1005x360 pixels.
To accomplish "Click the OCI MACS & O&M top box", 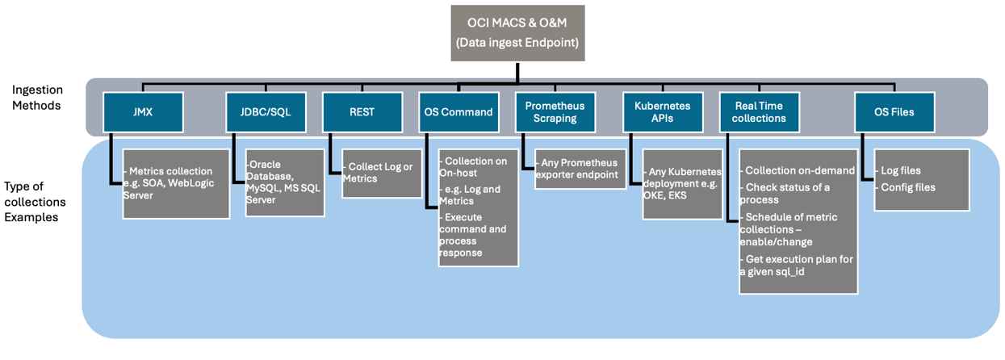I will pos(517,33).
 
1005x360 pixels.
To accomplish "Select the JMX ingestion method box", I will pos(143,112).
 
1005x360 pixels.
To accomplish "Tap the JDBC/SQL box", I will pos(266,112).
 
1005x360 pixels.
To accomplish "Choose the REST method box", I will pos(362,112).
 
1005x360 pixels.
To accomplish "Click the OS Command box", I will pos(458,112).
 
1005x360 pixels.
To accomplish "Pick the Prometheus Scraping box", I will pos(555,112).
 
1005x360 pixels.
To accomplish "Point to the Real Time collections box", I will pos(760,112).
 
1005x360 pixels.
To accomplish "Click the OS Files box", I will pos(894,112).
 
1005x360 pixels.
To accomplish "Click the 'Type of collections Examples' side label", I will pos(35,202).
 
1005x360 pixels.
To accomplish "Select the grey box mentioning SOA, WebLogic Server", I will pos(176,183).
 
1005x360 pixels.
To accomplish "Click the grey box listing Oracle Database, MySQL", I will pos(285,182).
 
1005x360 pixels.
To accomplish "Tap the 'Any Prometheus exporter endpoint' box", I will pos(580,169).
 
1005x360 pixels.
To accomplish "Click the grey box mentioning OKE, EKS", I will pos(682,183).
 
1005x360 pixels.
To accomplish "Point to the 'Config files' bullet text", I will pos(907,187).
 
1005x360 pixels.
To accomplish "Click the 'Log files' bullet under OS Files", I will pos(900,171).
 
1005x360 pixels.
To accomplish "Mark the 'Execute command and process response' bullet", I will pos(473,235).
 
